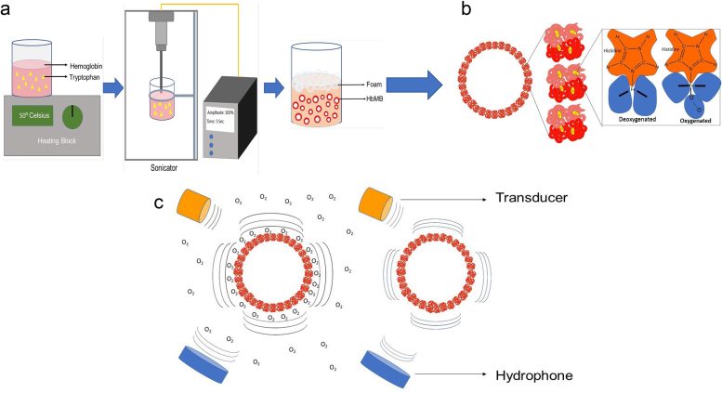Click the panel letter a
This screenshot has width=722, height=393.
tap(7, 12)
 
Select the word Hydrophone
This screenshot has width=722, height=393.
tap(534, 375)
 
